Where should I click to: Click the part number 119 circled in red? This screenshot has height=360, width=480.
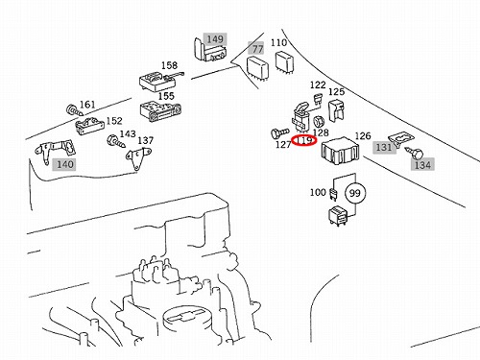click(304, 140)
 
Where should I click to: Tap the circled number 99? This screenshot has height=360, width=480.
click(354, 193)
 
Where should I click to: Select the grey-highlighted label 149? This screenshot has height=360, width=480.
click(215, 39)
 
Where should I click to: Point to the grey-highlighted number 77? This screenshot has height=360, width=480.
click(257, 49)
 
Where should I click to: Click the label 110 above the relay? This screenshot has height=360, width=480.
click(278, 42)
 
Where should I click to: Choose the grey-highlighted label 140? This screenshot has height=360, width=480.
click(65, 164)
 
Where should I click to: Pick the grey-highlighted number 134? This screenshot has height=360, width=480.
click(422, 165)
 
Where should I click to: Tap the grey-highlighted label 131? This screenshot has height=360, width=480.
click(384, 147)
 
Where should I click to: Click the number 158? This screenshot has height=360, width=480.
click(169, 65)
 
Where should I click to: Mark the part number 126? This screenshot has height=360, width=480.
click(363, 136)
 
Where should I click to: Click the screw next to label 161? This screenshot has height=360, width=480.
click(75, 110)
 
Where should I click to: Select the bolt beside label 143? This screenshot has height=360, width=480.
click(117, 141)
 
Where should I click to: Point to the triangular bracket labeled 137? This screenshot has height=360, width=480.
click(138, 158)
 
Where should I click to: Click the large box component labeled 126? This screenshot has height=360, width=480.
click(341, 151)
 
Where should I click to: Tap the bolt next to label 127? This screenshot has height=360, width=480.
click(279, 132)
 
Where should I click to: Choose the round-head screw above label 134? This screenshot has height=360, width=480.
click(414, 154)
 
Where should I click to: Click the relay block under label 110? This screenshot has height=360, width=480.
click(285, 63)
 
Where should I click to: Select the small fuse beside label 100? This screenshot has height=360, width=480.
click(333, 195)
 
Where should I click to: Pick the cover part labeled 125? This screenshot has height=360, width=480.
click(337, 110)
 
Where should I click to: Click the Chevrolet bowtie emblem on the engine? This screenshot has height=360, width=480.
click(184, 316)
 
